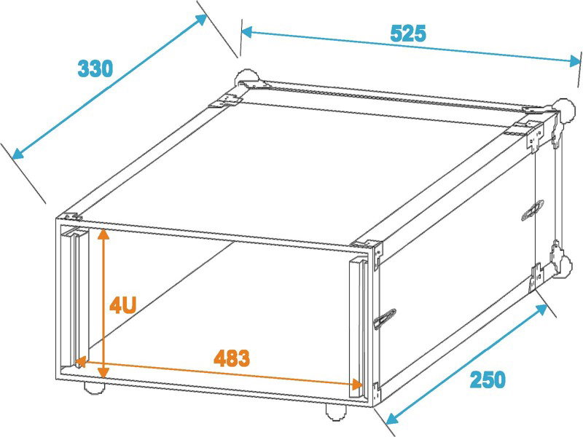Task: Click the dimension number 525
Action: (408, 34)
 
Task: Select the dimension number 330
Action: (95, 68)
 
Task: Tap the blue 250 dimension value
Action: (488, 379)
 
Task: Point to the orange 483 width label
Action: (232, 358)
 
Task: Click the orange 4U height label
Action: (122, 305)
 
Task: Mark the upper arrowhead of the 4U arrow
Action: (103, 234)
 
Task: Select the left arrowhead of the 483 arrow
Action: (80, 361)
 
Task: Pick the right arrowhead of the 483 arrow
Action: (358, 385)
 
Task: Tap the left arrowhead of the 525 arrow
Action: (247, 32)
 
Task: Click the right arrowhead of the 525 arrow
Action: (575, 61)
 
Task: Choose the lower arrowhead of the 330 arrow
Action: (17, 153)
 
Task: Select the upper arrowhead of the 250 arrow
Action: (542, 309)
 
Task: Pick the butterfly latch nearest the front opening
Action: (386, 319)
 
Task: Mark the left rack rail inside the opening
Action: (75, 296)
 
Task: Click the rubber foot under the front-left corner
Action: (94, 387)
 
